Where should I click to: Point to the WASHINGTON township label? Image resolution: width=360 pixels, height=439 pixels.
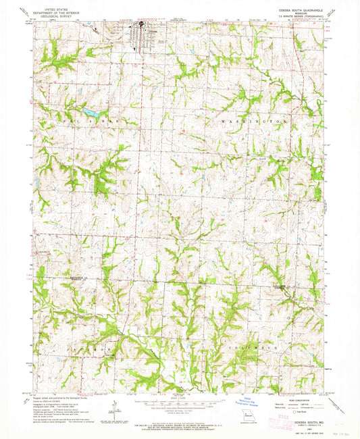(259, 120)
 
